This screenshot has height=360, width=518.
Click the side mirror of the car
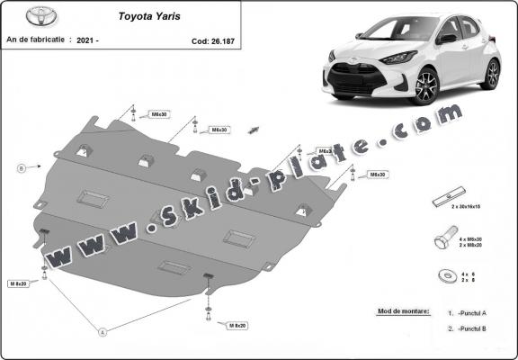pos(445,38)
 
